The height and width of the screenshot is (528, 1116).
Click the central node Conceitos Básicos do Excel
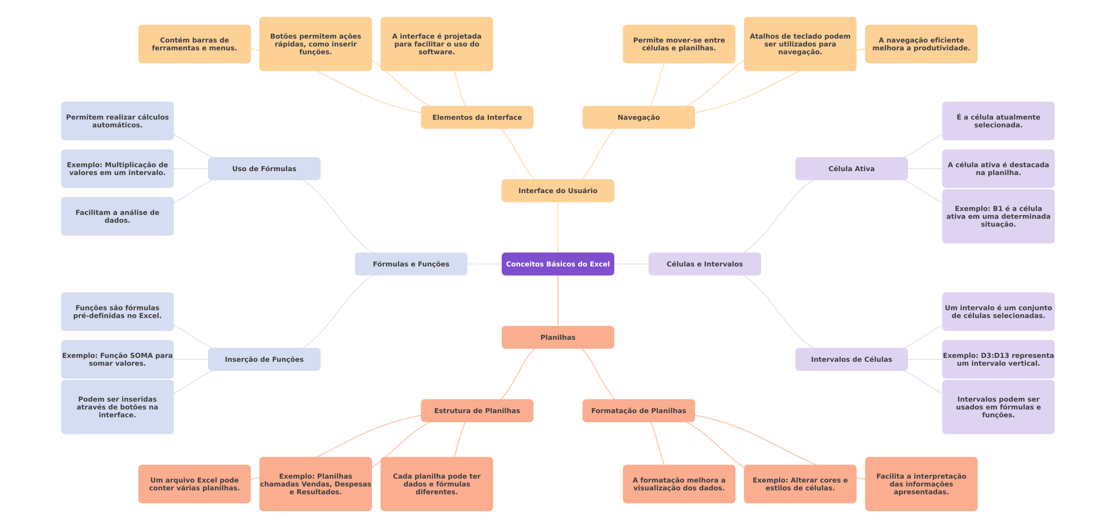pos(558,264)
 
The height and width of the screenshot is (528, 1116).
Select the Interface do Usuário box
pos(558,191)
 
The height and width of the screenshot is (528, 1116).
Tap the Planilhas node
pos(558,337)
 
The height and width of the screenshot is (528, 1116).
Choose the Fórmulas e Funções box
pos(411,264)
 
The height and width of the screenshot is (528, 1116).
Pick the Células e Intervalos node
pos(704,264)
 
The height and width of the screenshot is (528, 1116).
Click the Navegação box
pos(638,117)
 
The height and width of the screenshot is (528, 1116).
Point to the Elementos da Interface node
pos(477,117)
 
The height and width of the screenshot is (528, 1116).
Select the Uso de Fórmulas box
pos(264,169)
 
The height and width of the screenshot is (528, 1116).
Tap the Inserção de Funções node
pos(264,359)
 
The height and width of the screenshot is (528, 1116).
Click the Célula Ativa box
pos(851,169)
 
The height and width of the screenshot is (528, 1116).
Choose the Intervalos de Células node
pos(851,359)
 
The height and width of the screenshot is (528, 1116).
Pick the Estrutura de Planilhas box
pos(477,411)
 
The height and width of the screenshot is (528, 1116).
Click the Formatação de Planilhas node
pos(638,411)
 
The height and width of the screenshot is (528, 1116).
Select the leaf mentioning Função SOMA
pos(117,359)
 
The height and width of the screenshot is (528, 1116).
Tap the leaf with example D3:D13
pos(998,359)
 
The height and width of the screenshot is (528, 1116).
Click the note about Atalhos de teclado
pos(800,44)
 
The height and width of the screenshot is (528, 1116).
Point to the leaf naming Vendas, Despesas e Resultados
pos(315,484)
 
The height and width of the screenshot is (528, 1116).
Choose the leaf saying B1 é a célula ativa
pos(998,216)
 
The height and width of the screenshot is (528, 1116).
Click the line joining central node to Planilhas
pos(558,301)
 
